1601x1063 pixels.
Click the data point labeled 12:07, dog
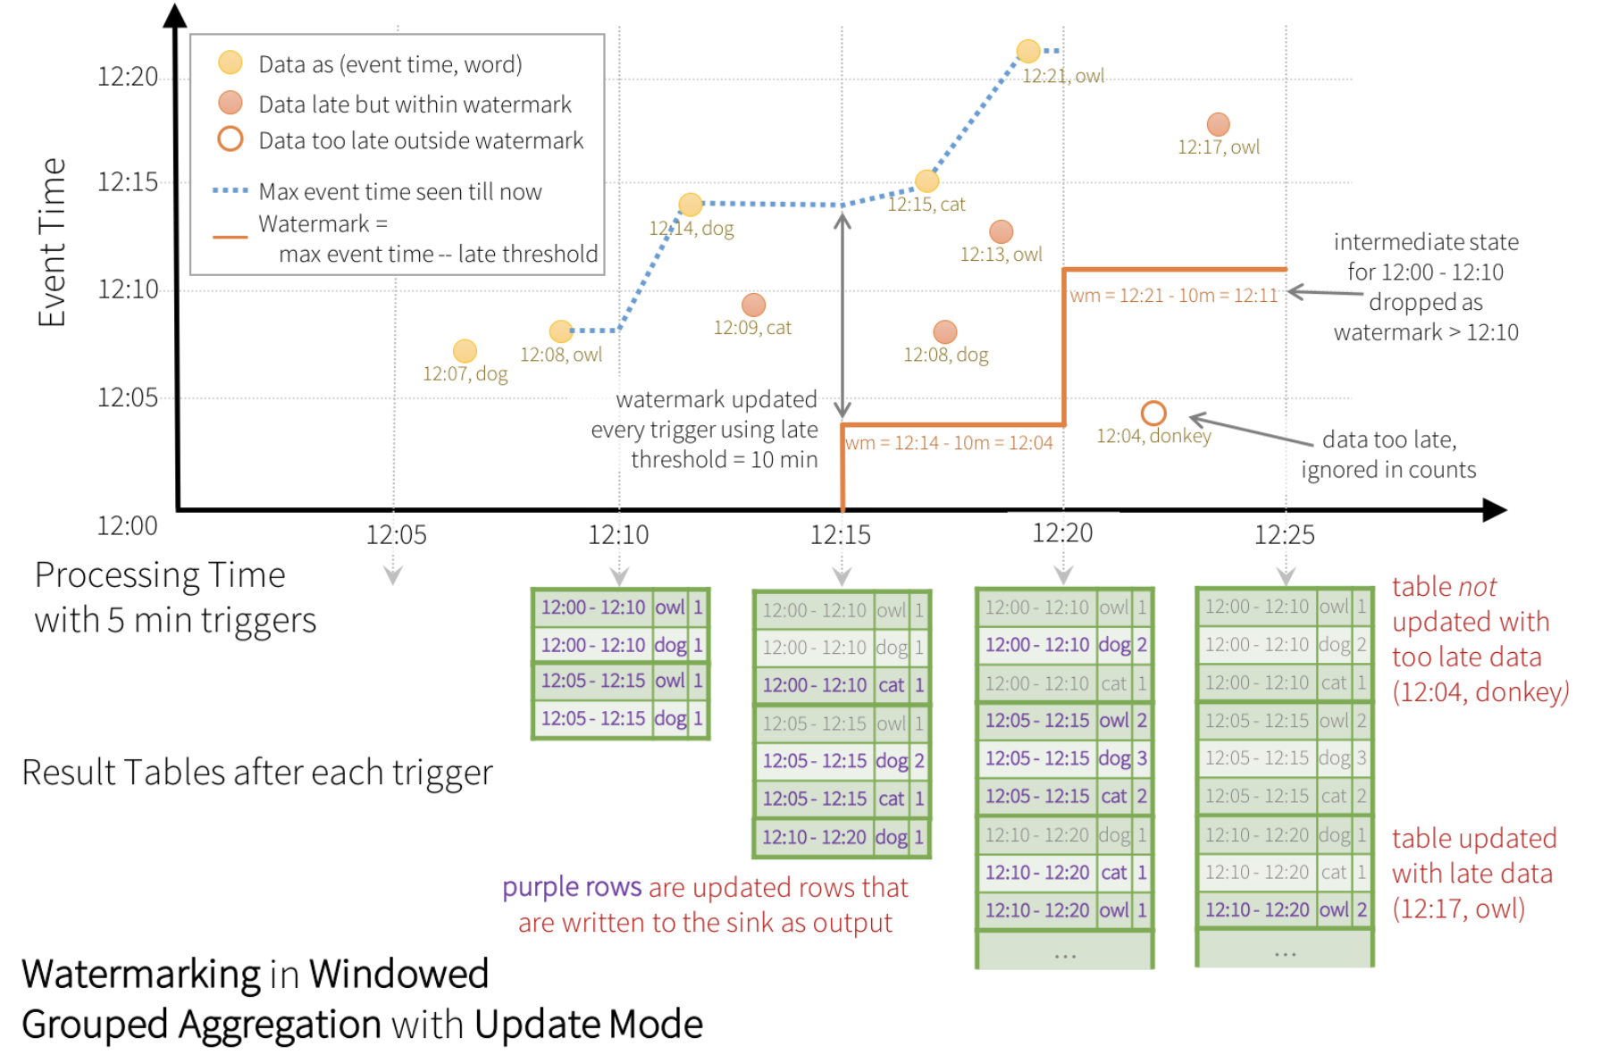[x=465, y=351]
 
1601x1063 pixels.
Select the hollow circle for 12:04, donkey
[x=1153, y=413]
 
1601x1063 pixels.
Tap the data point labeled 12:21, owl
[x=1028, y=51]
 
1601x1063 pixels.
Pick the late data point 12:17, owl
[x=1218, y=124]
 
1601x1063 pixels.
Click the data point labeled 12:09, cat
[x=753, y=305]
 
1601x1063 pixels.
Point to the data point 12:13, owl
[x=1001, y=231]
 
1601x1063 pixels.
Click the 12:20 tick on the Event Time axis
[x=128, y=77]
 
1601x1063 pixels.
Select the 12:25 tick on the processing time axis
[x=1285, y=535]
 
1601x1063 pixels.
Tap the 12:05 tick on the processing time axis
[x=396, y=535]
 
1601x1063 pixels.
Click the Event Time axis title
[x=52, y=242]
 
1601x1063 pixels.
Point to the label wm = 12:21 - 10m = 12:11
[x=1173, y=296]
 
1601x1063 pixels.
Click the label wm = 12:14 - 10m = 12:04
[x=949, y=443]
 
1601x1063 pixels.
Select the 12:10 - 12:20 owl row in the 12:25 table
[x=1285, y=909]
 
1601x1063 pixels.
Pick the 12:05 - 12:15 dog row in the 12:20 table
[x=1065, y=758]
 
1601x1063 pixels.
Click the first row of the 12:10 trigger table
[x=621, y=607]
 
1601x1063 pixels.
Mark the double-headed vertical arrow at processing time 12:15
[x=842, y=315]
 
